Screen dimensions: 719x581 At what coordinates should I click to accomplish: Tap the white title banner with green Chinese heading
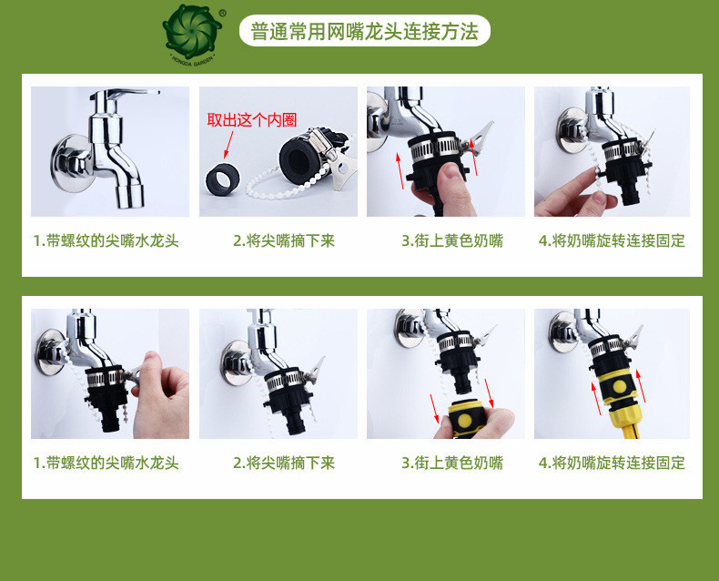point(365,31)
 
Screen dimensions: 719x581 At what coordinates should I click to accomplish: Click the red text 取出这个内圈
point(252,120)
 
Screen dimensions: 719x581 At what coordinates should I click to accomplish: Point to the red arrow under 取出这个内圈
point(228,145)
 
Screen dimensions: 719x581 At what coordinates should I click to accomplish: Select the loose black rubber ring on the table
point(222,178)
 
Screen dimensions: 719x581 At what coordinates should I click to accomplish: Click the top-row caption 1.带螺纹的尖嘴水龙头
point(106,240)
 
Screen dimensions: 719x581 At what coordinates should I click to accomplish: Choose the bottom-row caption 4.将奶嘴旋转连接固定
point(612,463)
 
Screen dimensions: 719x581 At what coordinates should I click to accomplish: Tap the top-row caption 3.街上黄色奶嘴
point(452,240)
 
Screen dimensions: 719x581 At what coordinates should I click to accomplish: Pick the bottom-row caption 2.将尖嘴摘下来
point(284,463)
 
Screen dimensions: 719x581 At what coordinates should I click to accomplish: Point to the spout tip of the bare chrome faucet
point(130,197)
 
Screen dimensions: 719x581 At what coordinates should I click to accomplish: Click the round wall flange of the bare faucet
point(69,162)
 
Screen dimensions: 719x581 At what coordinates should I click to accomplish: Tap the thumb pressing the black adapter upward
point(453,182)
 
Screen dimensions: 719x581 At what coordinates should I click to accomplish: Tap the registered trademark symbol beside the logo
point(223,14)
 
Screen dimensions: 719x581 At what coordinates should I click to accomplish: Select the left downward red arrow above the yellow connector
point(435,408)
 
